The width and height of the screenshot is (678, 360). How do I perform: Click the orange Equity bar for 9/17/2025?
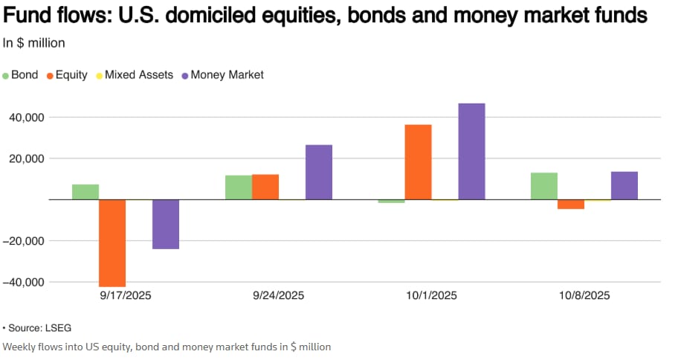point(112,242)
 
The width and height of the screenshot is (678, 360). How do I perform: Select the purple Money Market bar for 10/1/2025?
point(471,151)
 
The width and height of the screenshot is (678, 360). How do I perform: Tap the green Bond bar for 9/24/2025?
point(238,187)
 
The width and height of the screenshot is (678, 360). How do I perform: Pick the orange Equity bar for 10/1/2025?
point(418,162)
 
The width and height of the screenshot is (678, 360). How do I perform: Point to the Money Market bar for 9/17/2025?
point(165,224)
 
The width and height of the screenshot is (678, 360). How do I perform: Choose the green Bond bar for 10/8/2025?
point(544,186)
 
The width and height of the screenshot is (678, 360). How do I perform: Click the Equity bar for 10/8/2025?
point(571,204)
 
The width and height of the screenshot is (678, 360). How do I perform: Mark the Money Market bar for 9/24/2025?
point(318,172)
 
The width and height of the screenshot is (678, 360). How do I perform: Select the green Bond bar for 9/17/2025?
point(85,192)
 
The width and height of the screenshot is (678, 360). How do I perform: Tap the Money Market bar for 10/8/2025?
point(624,185)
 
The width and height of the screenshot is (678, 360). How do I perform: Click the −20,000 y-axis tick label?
point(27,241)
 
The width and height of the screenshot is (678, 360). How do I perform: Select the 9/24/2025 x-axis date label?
point(278,295)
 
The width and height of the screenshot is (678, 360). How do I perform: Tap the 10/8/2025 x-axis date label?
point(584,295)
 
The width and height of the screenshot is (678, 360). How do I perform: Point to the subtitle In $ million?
point(34,42)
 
